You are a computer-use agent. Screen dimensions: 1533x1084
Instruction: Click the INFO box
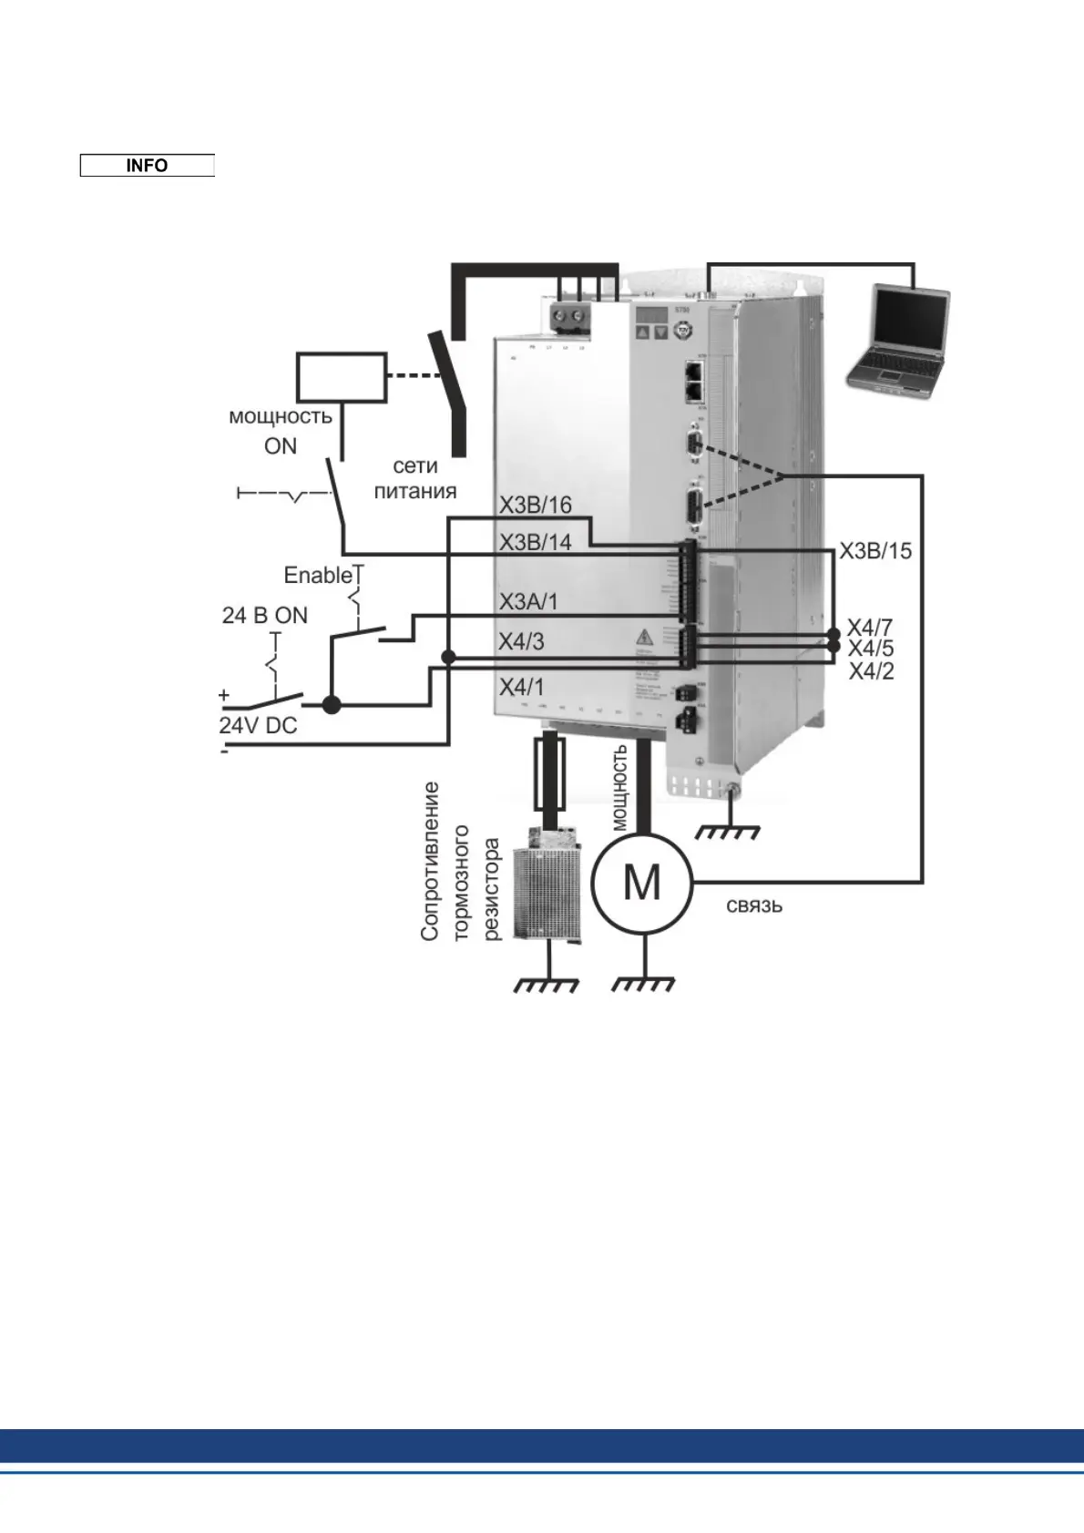pyautogui.click(x=147, y=165)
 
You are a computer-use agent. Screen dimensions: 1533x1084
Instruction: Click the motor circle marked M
pyautogui.click(x=641, y=883)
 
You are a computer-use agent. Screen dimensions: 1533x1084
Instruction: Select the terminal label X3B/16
pyautogui.click(x=535, y=506)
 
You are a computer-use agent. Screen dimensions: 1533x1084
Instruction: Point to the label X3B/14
pyautogui.click(x=535, y=543)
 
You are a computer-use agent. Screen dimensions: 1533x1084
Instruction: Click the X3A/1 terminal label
pyautogui.click(x=528, y=602)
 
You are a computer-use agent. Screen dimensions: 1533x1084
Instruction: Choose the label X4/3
pyautogui.click(x=521, y=642)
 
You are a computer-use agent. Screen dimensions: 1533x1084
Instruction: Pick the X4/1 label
pyautogui.click(x=521, y=688)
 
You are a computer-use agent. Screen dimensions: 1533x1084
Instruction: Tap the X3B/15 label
pyautogui.click(x=874, y=551)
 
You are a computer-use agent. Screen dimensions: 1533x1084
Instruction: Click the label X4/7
pyautogui.click(x=870, y=628)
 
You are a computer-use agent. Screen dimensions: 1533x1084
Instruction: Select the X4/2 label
pyautogui.click(x=871, y=672)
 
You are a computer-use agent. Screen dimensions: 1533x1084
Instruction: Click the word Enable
pyautogui.click(x=318, y=576)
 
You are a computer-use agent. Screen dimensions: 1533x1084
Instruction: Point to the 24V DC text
pyautogui.click(x=258, y=726)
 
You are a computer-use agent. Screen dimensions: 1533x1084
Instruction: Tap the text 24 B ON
pyautogui.click(x=265, y=616)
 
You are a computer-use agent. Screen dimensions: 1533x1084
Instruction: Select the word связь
pyautogui.click(x=754, y=906)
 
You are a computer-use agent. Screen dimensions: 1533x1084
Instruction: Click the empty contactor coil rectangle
pyautogui.click(x=342, y=377)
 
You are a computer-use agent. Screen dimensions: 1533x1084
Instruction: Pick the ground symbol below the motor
pyautogui.click(x=643, y=984)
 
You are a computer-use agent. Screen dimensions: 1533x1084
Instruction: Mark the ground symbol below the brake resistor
pyautogui.click(x=547, y=984)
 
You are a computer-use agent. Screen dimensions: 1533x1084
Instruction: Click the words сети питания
pyautogui.click(x=415, y=479)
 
